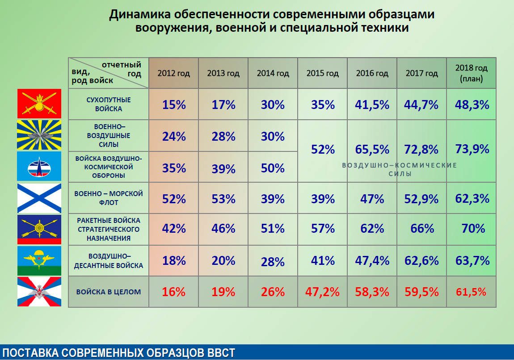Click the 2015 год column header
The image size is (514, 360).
click(x=322, y=73)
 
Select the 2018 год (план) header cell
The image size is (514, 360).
click(x=471, y=73)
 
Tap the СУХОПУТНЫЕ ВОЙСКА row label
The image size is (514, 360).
click(x=108, y=104)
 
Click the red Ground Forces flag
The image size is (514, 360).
click(x=39, y=104)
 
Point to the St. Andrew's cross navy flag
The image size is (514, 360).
click(x=39, y=198)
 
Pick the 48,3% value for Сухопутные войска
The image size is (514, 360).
click(x=472, y=105)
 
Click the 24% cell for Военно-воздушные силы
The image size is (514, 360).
click(x=174, y=136)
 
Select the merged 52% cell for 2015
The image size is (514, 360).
click(x=323, y=149)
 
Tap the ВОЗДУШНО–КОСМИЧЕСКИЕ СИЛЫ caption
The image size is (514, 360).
click(x=400, y=169)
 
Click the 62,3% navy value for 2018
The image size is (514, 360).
click(x=472, y=198)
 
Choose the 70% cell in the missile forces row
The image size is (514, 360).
click(x=473, y=229)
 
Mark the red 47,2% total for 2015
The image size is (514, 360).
click(x=323, y=292)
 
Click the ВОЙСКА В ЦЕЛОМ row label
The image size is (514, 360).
click(x=109, y=292)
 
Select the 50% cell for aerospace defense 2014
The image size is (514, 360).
click(x=273, y=168)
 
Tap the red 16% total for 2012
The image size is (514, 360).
click(x=174, y=292)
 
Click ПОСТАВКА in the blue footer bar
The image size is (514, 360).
click(x=30, y=352)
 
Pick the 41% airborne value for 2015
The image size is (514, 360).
click(x=323, y=260)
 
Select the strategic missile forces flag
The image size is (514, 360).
click(x=39, y=229)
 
